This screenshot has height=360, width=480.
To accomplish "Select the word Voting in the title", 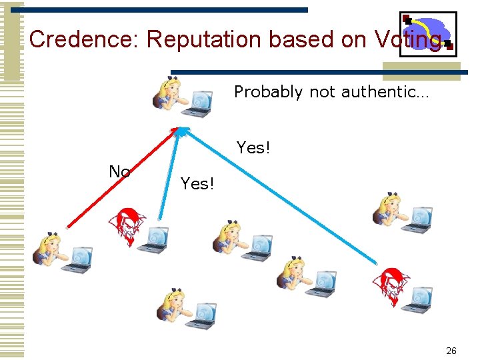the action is [407, 40].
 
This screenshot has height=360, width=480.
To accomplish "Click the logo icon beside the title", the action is [427, 31].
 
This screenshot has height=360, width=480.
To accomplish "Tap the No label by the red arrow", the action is [119, 172].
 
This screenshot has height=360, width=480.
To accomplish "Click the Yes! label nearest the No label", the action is [197, 183].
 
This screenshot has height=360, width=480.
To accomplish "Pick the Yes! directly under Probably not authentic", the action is [253, 147].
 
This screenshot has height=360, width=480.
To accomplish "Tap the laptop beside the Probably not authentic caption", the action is [199, 102].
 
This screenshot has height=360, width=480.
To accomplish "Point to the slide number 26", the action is [451, 351].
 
